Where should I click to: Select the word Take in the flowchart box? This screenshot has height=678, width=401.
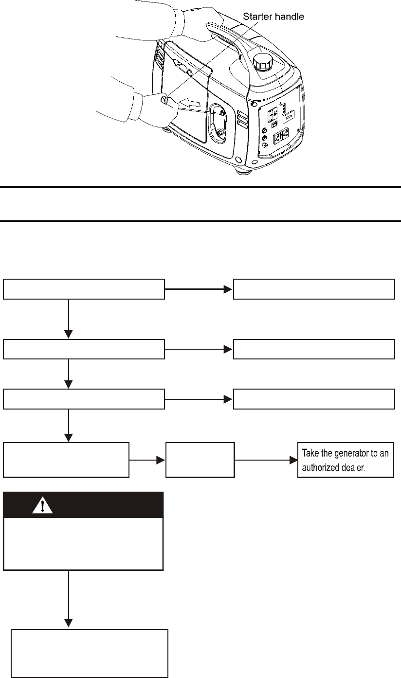[312, 453]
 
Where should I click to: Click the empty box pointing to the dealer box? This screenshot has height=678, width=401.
[200, 460]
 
